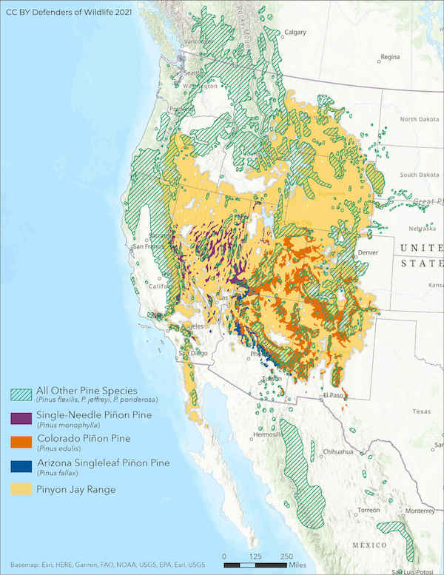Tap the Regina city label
(390, 56)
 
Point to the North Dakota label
(419, 119)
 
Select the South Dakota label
(419, 175)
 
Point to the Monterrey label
(423, 511)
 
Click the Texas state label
(421, 411)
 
